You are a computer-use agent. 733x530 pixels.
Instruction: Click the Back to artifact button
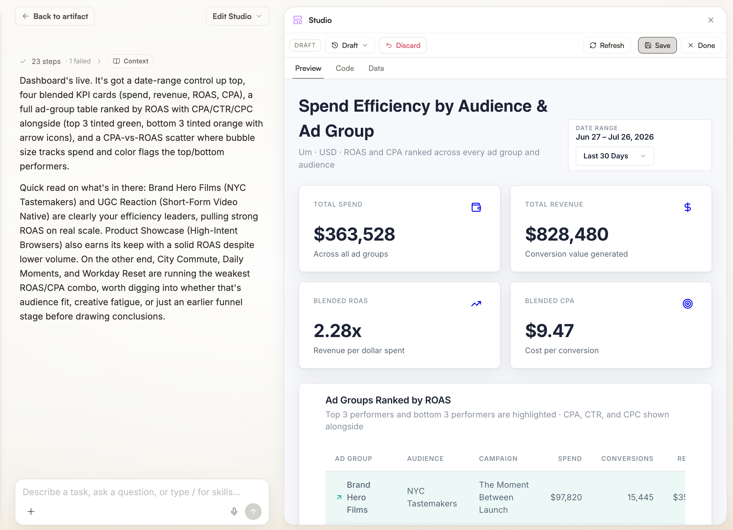point(55,16)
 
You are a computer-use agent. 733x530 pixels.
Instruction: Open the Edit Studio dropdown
point(237,16)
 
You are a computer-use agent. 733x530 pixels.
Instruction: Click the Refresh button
point(606,45)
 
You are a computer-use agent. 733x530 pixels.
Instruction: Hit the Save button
point(657,45)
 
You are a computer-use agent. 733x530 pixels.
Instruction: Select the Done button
point(701,45)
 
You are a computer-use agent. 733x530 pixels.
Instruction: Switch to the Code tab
point(344,68)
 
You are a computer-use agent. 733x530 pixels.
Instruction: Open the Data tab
point(376,68)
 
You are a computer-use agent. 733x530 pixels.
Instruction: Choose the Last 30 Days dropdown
point(615,156)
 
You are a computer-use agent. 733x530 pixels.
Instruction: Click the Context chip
point(131,61)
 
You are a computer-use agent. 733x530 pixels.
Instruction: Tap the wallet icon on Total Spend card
point(476,207)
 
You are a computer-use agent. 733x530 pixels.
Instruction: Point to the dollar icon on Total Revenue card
point(687,207)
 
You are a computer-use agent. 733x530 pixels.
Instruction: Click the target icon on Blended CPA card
point(687,304)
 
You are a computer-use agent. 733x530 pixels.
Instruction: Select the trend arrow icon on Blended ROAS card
point(476,304)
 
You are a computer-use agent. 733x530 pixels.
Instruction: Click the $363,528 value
point(354,234)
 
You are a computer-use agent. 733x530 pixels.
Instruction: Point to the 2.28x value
point(337,331)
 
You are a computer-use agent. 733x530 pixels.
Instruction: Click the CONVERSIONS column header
point(627,459)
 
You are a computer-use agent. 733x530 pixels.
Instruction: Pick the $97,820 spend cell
point(566,497)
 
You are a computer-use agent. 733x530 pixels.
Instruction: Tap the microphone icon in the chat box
point(234,511)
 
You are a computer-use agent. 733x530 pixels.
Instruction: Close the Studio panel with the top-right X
point(711,20)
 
